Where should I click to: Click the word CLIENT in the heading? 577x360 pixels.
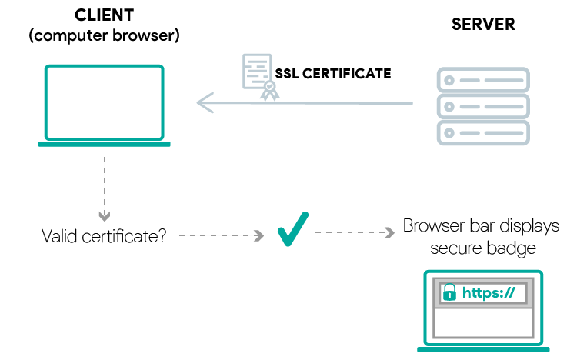[104, 15]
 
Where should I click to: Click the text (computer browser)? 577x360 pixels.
[104, 35]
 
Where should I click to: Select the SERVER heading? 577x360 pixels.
[483, 24]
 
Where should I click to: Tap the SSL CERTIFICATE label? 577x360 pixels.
[333, 75]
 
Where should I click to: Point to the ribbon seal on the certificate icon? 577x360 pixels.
[269, 92]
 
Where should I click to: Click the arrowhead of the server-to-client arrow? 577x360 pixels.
[203, 102]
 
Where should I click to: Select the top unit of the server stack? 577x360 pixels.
[483, 79]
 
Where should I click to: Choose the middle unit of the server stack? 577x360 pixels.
[483, 105]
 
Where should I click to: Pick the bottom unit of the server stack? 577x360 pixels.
[483, 132]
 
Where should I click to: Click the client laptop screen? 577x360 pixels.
[104, 102]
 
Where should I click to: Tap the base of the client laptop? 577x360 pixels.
[104, 144]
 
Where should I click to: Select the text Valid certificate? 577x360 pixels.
[104, 235]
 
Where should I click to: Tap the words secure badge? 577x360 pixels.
[483, 248]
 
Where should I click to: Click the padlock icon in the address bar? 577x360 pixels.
[450, 293]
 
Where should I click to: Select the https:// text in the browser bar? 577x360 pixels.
[491, 293]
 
